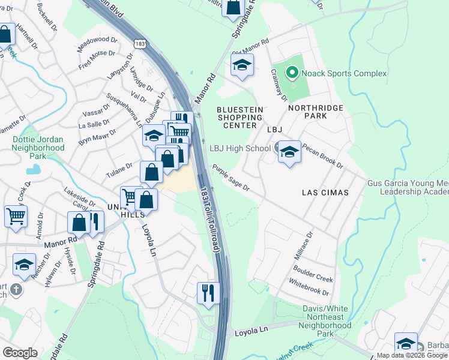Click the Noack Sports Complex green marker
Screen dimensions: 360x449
(292, 74)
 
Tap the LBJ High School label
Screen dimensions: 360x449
(240, 148)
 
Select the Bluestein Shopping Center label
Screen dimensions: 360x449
(240, 117)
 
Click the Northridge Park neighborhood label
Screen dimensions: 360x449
(316, 108)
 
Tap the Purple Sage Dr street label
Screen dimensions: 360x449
(230, 178)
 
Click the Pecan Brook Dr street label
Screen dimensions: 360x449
(322, 156)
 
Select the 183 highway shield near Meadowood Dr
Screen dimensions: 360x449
(140, 44)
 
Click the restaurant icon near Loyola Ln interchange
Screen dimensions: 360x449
(207, 293)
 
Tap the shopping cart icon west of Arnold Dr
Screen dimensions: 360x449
(16, 215)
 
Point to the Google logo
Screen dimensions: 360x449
(20, 353)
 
